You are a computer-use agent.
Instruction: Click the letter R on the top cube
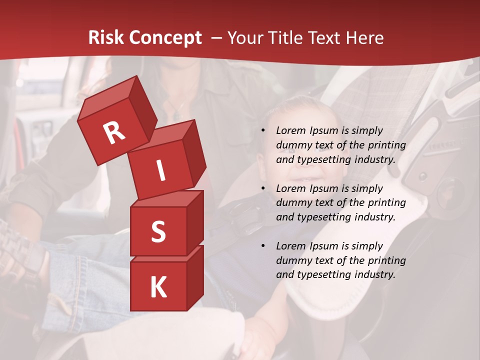pyautogui.click(x=114, y=132)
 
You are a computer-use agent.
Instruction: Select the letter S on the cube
pyautogui.click(x=158, y=231)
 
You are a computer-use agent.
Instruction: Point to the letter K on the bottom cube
pyautogui.click(x=158, y=287)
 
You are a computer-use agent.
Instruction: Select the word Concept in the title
pyautogui.click(x=165, y=38)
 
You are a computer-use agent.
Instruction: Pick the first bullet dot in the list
pyautogui.click(x=263, y=131)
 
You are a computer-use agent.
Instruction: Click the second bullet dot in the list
pyautogui.click(x=263, y=188)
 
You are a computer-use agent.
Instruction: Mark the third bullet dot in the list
pyautogui.click(x=263, y=246)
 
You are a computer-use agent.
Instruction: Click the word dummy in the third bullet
pyautogui.click(x=292, y=260)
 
